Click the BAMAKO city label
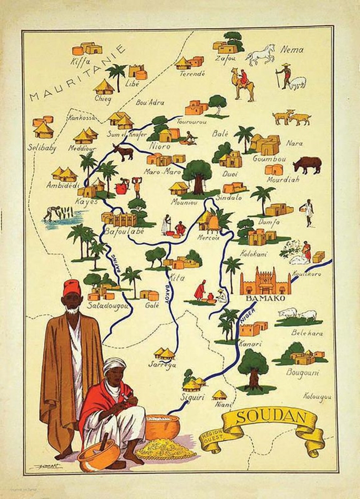pos(265,298)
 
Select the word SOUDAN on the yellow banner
pos(272,417)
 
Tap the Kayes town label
pos(87,202)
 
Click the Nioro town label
pos(160,146)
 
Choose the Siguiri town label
pos(192,397)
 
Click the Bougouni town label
pos(303,373)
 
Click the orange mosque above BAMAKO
pos(265,281)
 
